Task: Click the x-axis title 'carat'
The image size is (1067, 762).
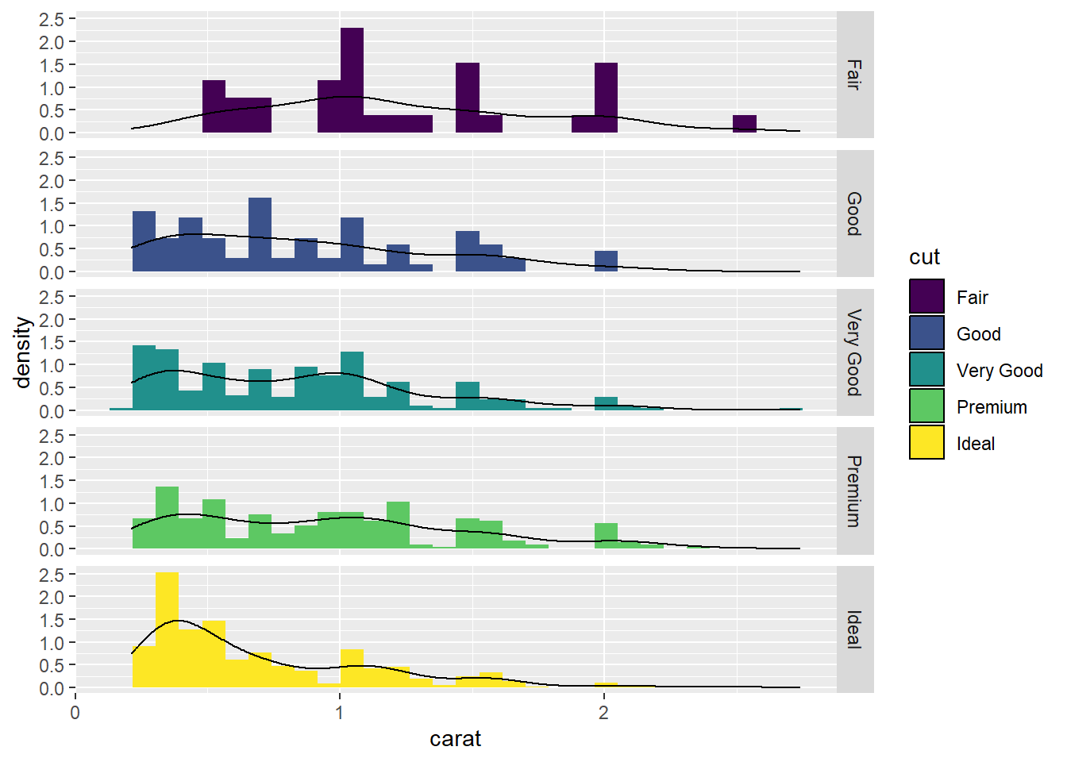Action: [x=455, y=739]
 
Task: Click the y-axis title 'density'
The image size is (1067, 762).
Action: [x=22, y=352]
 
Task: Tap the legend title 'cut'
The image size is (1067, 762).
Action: [x=924, y=257]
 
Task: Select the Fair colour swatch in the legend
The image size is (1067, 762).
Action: [x=926, y=296]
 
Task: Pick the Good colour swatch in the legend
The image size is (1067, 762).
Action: [x=926, y=333]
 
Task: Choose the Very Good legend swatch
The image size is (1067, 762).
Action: [x=926, y=369]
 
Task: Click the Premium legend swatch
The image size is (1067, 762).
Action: [x=926, y=406]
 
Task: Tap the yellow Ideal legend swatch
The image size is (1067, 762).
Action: [x=926, y=442]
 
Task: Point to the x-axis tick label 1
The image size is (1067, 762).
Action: [x=340, y=712]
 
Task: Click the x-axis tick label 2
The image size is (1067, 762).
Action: [x=604, y=712]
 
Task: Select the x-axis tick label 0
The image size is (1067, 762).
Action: [x=75, y=712]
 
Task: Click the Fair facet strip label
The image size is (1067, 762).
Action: [x=854, y=75]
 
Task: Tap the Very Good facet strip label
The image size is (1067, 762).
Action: [x=854, y=352]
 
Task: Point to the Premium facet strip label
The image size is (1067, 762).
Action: [x=854, y=491]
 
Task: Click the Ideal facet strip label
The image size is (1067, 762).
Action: [x=854, y=629]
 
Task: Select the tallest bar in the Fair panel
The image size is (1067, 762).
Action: [x=352, y=79]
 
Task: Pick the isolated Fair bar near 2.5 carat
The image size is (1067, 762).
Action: [x=744, y=124]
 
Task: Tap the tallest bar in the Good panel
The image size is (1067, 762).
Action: [x=260, y=234]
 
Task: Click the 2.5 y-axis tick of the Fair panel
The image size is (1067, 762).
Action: [x=52, y=18]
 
